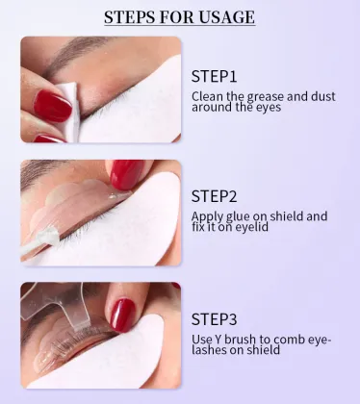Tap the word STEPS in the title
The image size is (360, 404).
[134, 16]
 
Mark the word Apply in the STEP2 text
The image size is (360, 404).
[208, 216]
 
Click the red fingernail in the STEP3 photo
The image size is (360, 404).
[121, 314]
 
